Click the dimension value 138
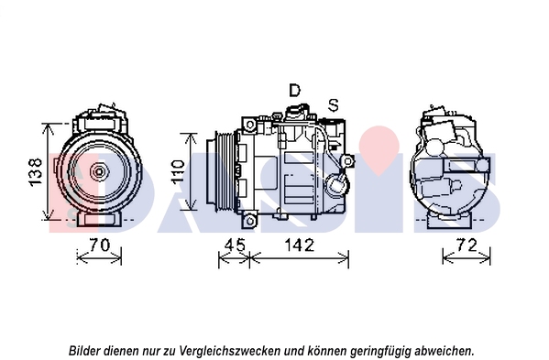[37, 172]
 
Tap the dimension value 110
[178, 171]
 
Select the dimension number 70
[99, 245]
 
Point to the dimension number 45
[235, 245]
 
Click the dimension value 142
[300, 245]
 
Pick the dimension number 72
[467, 245]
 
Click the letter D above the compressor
[295, 91]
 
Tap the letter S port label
[334, 105]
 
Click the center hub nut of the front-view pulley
[99, 171]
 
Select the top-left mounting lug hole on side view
[250, 125]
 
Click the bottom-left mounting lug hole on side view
[250, 221]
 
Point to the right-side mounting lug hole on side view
[347, 161]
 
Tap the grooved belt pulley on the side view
[222, 171]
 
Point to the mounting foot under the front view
[99, 219]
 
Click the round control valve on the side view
[336, 183]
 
